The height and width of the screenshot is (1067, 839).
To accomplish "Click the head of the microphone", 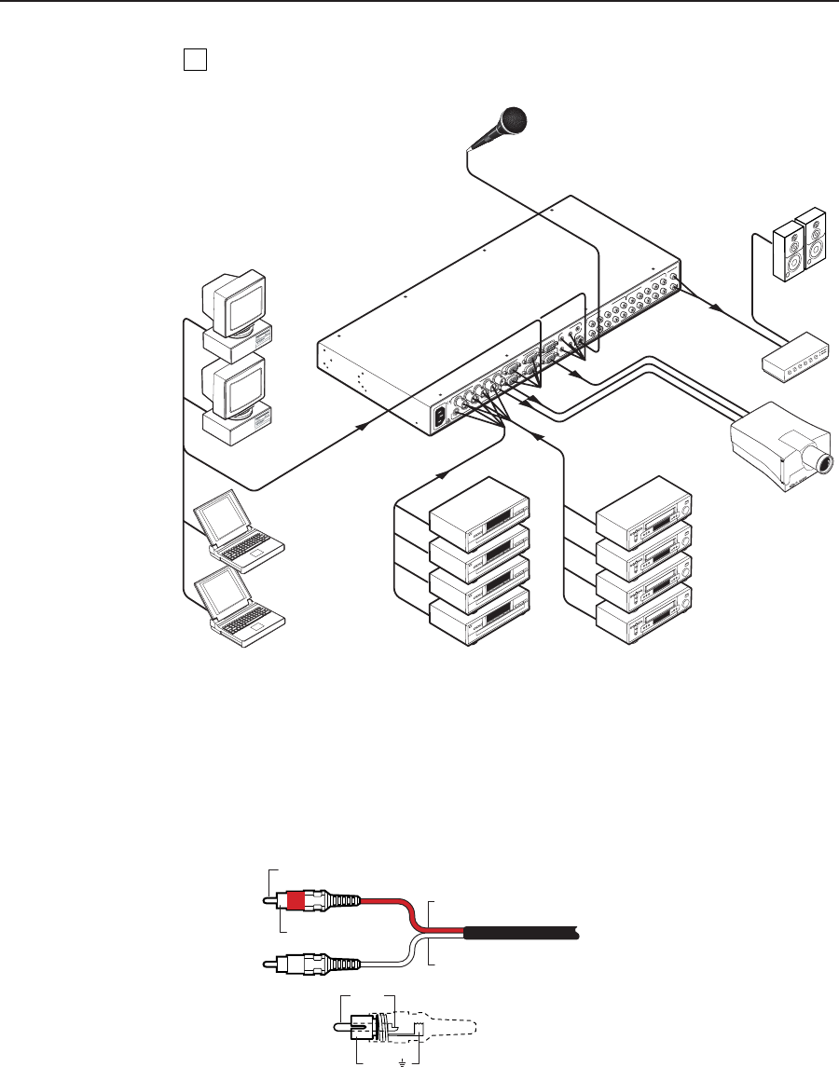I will tap(512, 121).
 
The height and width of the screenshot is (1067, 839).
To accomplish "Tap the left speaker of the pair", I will tap(788, 249).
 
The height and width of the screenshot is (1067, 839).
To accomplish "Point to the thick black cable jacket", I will tap(522, 932).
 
